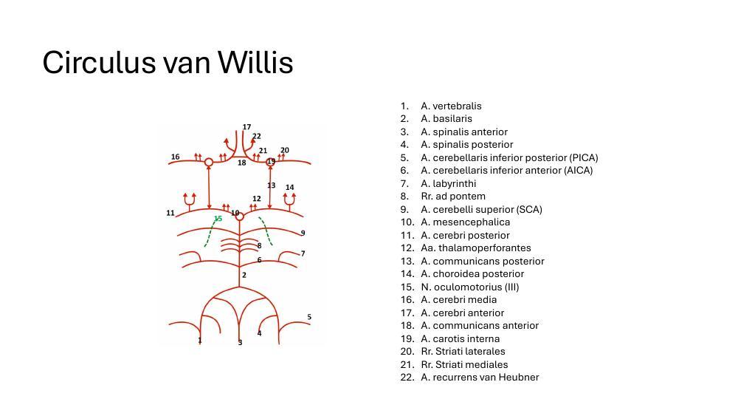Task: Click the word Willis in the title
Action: pos(255,63)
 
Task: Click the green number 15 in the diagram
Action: pos(218,219)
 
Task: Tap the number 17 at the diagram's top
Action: pos(246,127)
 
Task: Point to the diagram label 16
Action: pos(175,157)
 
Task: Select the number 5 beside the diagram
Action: pos(309,317)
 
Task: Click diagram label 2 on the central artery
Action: pos(244,275)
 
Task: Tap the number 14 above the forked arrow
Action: pos(289,188)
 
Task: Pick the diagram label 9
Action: pos(303,233)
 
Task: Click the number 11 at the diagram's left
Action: pos(170,213)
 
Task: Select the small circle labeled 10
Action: pos(239,216)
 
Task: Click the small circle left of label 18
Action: pos(209,162)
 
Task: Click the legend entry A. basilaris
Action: pos(446,118)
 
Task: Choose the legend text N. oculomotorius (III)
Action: pos(469,287)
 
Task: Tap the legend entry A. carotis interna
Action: pos(460,338)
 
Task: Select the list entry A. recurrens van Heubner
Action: pos(480,377)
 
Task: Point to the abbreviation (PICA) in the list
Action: pos(583,157)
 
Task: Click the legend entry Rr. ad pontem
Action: pos(452,196)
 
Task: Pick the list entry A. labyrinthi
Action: pos(448,183)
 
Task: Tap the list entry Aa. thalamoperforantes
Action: pos(475,248)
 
